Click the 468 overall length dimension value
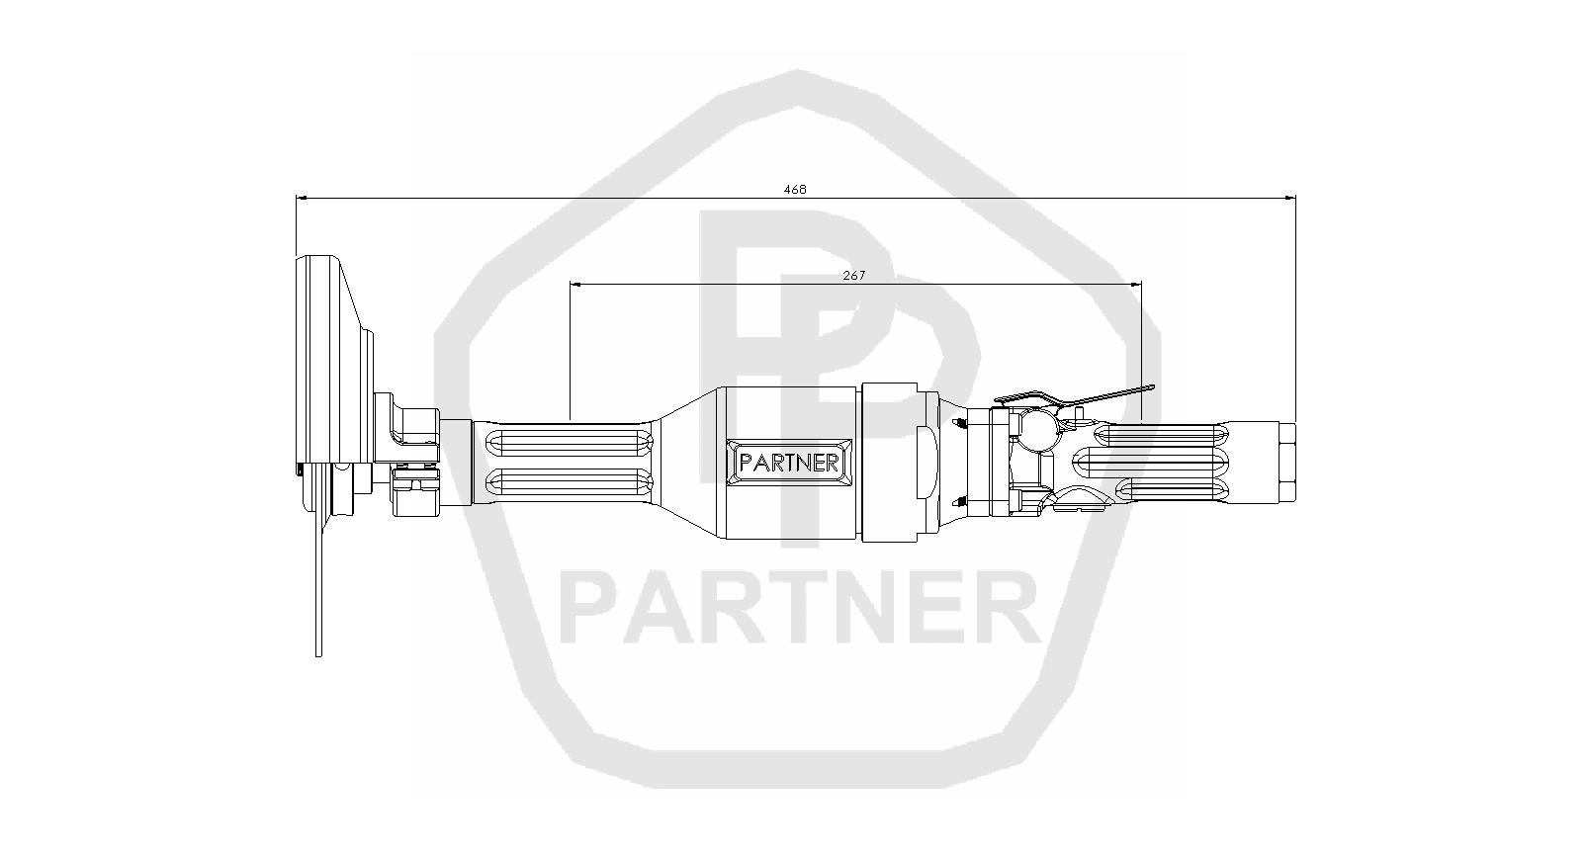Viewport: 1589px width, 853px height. (795, 190)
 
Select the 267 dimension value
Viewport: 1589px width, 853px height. (854, 276)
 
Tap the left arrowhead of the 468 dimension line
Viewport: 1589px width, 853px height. (302, 199)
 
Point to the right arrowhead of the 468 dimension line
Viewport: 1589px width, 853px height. (1289, 199)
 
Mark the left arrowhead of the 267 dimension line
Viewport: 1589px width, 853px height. (576, 285)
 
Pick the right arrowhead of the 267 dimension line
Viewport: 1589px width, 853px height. (1135, 285)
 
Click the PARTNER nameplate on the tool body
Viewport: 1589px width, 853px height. (789, 463)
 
